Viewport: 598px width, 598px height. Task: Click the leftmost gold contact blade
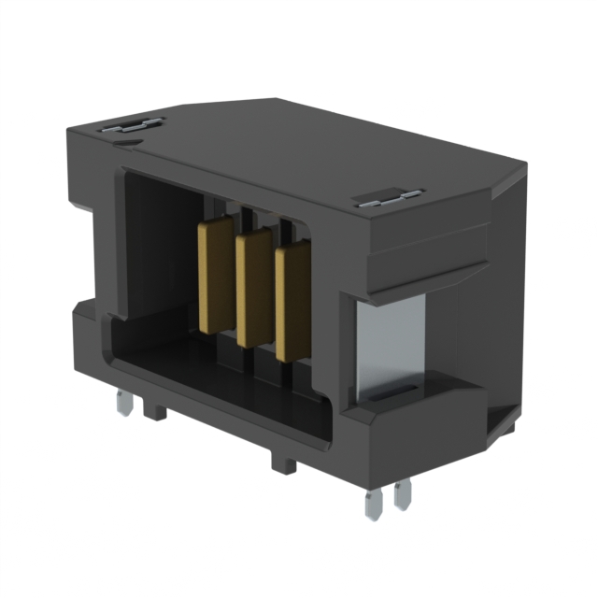(x=214, y=274)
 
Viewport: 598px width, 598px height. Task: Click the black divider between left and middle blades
(x=235, y=280)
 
